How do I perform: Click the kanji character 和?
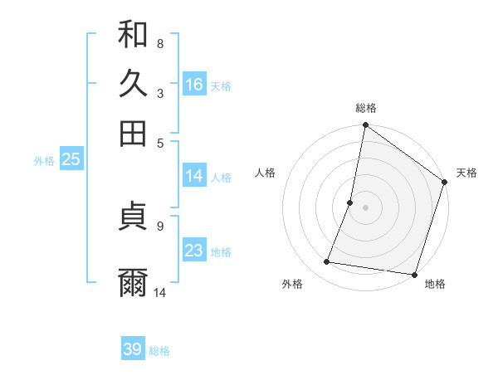tap(133, 34)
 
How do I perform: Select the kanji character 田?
tap(133, 132)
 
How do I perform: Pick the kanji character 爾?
tap(133, 281)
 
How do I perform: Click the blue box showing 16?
tap(194, 84)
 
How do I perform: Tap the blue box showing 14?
tap(194, 176)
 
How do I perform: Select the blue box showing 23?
tap(194, 251)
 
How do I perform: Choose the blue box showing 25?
tap(71, 159)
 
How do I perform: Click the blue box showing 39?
tap(133, 349)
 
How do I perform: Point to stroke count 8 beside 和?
tap(160, 43)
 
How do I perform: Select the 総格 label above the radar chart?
tap(366, 108)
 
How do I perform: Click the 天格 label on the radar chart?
tap(466, 173)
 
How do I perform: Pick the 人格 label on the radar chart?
tap(266, 173)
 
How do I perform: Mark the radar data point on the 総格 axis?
tap(365, 126)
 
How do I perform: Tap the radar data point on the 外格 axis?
tap(327, 262)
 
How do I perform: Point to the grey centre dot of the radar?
tap(365, 207)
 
